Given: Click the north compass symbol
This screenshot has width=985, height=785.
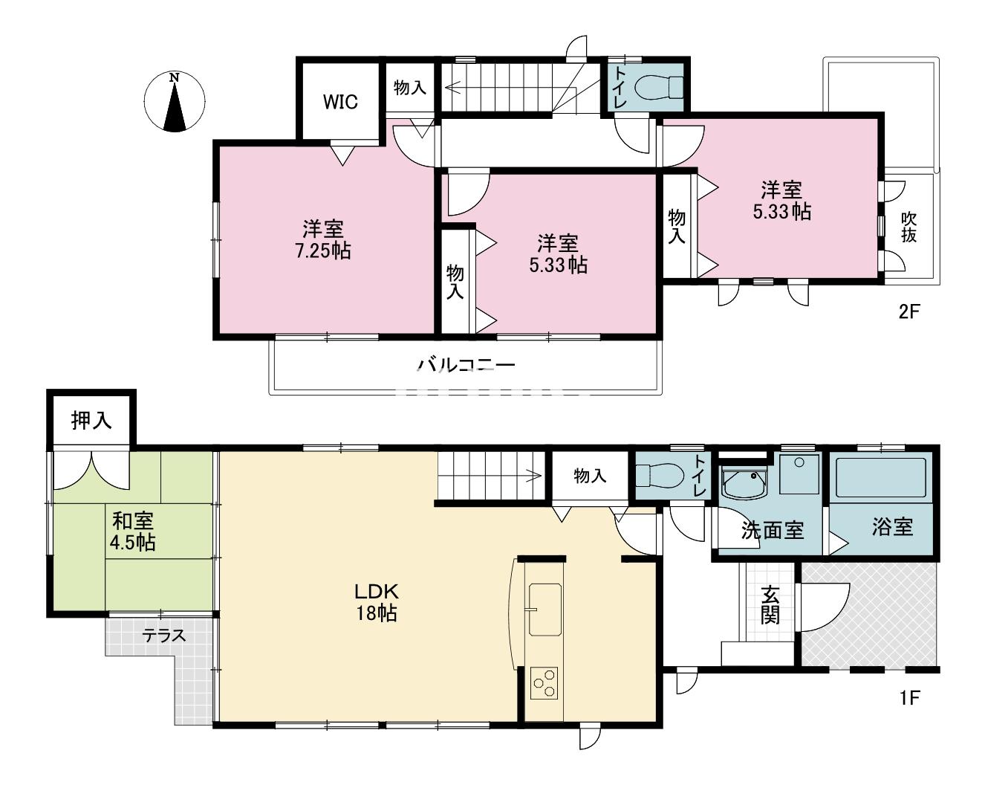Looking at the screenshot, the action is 175,102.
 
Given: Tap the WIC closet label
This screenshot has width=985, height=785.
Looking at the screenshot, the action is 340,102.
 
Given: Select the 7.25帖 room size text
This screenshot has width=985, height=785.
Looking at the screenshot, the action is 323,251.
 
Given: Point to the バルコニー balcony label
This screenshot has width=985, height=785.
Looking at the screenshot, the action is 467,364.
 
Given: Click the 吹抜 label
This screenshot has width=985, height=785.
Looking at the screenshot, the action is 908,226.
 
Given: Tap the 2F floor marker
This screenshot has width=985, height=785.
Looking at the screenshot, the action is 909,312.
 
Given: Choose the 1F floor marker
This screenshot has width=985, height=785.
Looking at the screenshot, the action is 910,697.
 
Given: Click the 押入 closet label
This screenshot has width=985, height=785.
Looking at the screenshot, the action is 91,420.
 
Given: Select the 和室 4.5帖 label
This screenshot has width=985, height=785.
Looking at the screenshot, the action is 133,532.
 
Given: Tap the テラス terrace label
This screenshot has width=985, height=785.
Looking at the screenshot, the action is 164,636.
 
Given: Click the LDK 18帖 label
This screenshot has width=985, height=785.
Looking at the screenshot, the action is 377,602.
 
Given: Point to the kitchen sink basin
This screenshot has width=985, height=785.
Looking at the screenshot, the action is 544,609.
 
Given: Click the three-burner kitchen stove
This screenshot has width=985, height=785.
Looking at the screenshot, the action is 544,683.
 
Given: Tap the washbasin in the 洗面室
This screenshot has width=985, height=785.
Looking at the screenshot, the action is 744,483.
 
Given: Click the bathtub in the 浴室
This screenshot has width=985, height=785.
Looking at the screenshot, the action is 881,478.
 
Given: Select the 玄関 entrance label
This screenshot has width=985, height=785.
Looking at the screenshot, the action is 770,604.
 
